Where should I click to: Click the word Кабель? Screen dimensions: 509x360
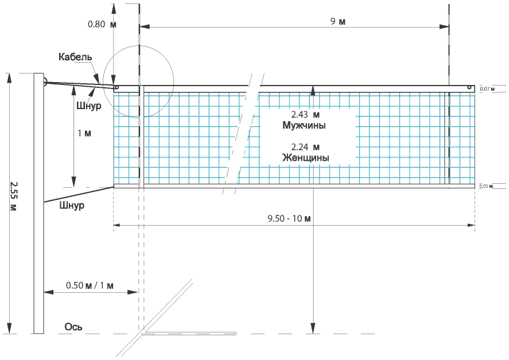click(75, 57)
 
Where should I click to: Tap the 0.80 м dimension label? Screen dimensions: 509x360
click(102, 24)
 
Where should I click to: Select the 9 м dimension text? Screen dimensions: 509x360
click(338, 21)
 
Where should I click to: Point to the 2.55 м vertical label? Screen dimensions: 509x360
click(13, 196)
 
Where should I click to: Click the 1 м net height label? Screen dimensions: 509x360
click(84, 133)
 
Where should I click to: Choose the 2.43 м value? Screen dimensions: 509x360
click(305, 115)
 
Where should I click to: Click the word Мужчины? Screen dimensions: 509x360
click(304, 125)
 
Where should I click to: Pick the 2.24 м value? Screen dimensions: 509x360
click(305, 147)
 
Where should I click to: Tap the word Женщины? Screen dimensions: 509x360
click(305, 158)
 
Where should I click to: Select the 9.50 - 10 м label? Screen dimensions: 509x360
click(289, 218)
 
